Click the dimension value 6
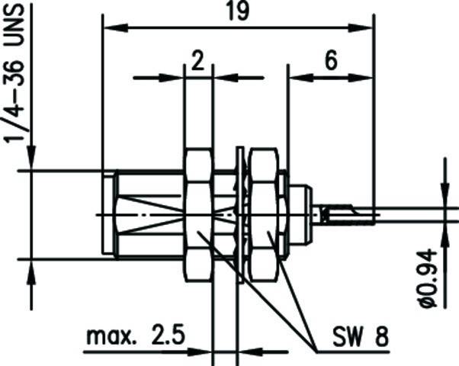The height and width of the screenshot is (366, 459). (x=330, y=63)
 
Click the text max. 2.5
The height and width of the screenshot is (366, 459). (x=134, y=336)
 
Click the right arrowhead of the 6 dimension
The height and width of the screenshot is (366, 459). (x=365, y=77)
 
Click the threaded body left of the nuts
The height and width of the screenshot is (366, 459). (x=145, y=215)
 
